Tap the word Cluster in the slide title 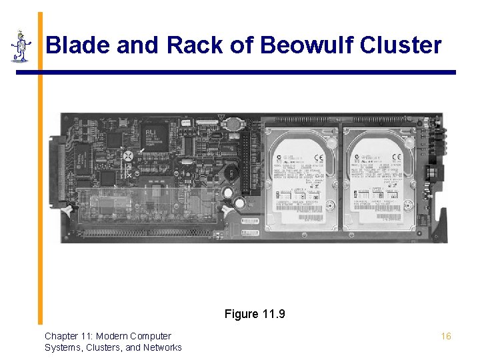[403, 45]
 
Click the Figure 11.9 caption [255, 313]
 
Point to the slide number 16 [446, 336]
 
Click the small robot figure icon [21, 46]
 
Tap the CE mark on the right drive [397, 158]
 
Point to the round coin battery [233, 123]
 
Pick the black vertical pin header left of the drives [246, 160]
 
